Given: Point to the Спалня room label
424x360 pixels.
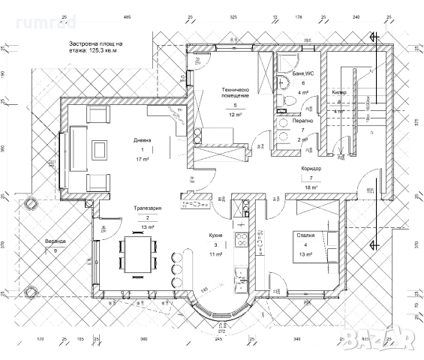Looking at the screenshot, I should [305, 235].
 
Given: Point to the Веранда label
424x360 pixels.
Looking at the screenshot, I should [54, 241].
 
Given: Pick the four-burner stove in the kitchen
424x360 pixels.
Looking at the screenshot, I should [242, 241].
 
